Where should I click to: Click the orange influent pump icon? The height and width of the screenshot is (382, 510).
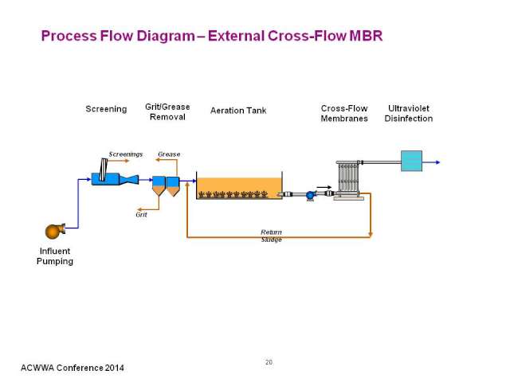pyautogui.click(x=55, y=231)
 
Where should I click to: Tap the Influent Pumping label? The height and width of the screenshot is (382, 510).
pyautogui.click(x=55, y=256)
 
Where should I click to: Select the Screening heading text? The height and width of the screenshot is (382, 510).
pyautogui.click(x=106, y=109)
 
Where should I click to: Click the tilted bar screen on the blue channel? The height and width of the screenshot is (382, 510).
pyautogui.click(x=104, y=170)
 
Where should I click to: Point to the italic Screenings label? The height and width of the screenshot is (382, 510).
pyautogui.click(x=126, y=154)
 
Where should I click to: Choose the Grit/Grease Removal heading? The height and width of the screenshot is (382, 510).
pyautogui.click(x=167, y=111)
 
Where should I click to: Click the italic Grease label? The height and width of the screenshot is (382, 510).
pyautogui.click(x=169, y=154)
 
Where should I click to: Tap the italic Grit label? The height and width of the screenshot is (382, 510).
pyautogui.click(x=142, y=214)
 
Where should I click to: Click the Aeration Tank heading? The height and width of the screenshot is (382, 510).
pyautogui.click(x=238, y=111)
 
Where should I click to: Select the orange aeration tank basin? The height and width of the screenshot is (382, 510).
pyautogui.click(x=239, y=188)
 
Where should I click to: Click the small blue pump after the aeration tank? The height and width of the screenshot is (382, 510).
pyautogui.click(x=311, y=196)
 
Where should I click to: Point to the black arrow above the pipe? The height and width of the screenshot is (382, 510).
pyautogui.click(x=324, y=187)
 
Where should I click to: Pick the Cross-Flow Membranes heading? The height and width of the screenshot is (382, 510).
pyautogui.click(x=344, y=113)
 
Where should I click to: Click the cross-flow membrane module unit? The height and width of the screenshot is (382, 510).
pyautogui.click(x=349, y=180)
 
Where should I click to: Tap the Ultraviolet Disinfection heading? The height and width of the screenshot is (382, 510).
pyautogui.click(x=409, y=113)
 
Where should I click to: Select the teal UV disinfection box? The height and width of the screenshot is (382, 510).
pyautogui.click(x=411, y=161)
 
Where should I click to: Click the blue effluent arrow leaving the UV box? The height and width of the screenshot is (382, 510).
pyautogui.click(x=431, y=162)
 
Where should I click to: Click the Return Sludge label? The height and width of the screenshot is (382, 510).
pyautogui.click(x=271, y=236)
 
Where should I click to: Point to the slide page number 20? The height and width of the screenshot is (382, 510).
pyautogui.click(x=269, y=362)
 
